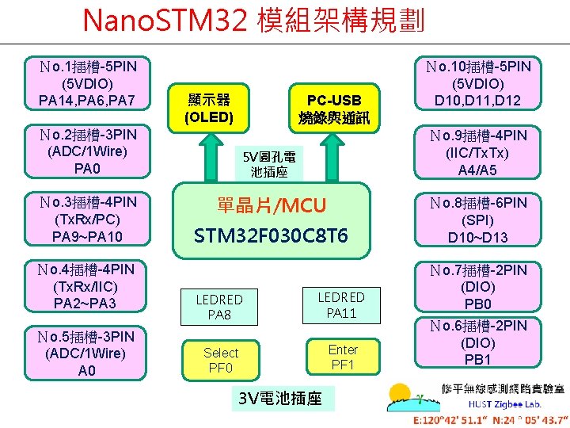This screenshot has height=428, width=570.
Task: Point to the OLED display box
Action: (x=209, y=109)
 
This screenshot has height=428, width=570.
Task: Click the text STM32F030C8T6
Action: (x=272, y=236)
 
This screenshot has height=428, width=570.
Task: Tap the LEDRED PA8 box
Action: (x=219, y=307)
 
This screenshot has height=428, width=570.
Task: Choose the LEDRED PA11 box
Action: (x=341, y=304)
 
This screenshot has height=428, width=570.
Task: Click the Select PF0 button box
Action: (x=220, y=360)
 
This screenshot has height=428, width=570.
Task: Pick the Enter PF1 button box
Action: (x=343, y=357)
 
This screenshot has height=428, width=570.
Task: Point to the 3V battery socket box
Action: (x=280, y=398)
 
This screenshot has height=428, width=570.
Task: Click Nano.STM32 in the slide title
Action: (x=165, y=19)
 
